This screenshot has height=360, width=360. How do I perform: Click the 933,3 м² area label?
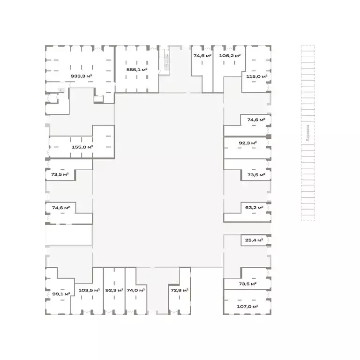[81, 76]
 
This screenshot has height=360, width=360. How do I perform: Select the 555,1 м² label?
[137, 69]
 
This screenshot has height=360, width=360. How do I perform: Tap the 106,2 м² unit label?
[230, 56]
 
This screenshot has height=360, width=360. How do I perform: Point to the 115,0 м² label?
[257, 76]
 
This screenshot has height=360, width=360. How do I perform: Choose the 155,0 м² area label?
[82, 147]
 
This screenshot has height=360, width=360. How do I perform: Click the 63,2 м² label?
[254, 208]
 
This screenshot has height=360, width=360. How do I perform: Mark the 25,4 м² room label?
[254, 240]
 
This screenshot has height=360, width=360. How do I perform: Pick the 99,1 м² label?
[61, 294]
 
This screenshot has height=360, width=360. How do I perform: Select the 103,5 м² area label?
[89, 290]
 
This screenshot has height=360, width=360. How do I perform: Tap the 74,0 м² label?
[136, 290]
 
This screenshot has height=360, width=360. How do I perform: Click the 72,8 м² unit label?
[180, 290]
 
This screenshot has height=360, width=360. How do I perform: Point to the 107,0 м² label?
[247, 307]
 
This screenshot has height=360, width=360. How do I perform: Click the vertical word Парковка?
[308, 133]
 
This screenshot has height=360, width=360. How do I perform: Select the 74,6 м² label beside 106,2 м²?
[202, 56]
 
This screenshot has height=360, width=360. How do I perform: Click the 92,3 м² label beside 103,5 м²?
[114, 290]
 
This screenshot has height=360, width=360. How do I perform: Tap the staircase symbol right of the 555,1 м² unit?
[167, 60]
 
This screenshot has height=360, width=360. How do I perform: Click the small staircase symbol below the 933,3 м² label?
[61, 90]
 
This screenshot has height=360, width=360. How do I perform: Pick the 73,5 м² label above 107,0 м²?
[247, 284]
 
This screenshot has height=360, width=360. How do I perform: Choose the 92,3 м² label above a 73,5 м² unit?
[247, 143]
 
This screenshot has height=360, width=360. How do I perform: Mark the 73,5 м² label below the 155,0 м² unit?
[60, 174]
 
